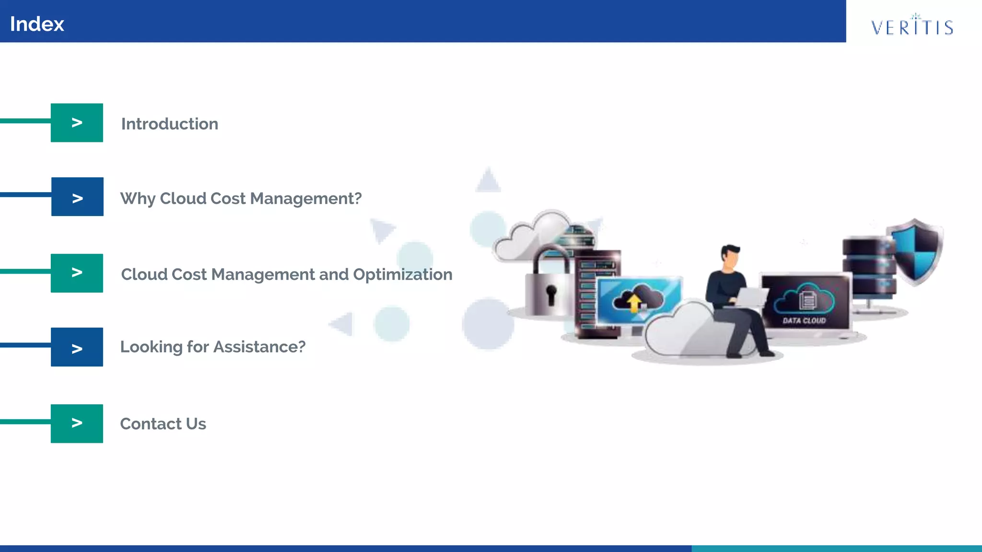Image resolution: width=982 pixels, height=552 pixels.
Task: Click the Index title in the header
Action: [x=37, y=24]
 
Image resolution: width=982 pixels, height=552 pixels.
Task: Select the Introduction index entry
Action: [x=170, y=124]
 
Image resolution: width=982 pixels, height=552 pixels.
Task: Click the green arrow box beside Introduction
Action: [x=77, y=123]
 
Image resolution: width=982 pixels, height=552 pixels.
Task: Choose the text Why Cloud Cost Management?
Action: [x=241, y=198]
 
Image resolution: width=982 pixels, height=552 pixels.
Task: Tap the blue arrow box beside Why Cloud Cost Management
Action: [x=77, y=197]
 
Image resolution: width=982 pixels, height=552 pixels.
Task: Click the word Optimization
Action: [x=402, y=275]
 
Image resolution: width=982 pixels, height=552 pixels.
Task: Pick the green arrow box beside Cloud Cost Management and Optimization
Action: [x=77, y=273]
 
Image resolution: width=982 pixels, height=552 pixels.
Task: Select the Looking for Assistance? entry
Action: [x=212, y=347]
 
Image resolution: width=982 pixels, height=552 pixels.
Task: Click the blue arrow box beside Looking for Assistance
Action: [x=77, y=347]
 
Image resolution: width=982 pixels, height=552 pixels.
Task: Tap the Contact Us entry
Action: [x=163, y=424]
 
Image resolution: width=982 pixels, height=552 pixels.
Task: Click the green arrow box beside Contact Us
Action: [x=77, y=424]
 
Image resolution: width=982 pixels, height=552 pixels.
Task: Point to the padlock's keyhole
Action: [x=551, y=293]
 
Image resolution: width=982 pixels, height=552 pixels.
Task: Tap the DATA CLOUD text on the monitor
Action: [x=804, y=321]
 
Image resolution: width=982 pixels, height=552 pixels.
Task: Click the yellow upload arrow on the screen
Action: [x=634, y=302]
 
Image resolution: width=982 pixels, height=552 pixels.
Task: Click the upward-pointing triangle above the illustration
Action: [x=488, y=181]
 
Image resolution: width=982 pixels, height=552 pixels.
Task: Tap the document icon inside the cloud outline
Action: [x=807, y=300]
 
